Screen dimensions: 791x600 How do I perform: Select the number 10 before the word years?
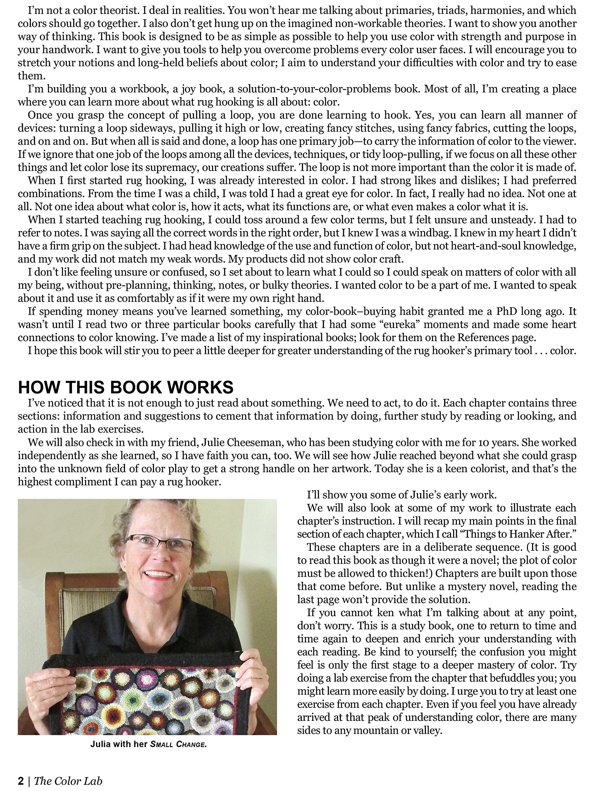click(488, 443)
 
